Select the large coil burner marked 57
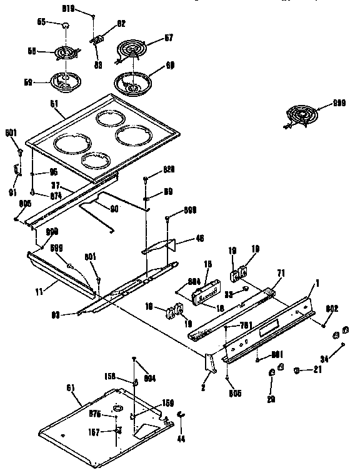coord(132,49)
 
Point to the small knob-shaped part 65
coord(66,24)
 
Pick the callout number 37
coord(56,186)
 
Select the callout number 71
coord(280,274)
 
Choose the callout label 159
coord(167,403)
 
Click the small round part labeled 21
coord(299,371)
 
